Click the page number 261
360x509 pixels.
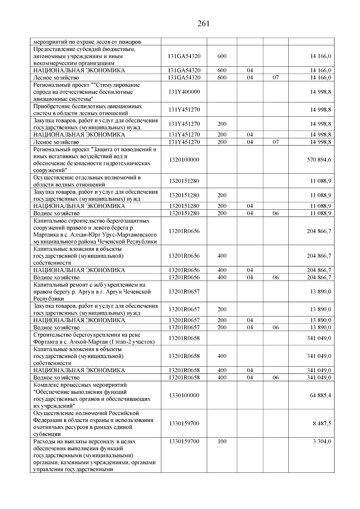point(203,24)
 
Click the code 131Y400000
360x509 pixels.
point(184,92)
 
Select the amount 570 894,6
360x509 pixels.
point(319,160)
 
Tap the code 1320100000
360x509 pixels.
point(184,160)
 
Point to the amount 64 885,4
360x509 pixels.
point(320,395)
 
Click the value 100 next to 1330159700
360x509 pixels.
point(222,442)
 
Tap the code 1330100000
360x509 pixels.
point(184,395)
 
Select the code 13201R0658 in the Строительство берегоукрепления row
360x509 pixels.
point(184,338)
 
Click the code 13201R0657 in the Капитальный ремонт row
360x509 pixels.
point(184,292)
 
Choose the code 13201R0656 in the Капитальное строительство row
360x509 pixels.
point(184,231)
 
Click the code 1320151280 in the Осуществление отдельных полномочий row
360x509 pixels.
point(184,181)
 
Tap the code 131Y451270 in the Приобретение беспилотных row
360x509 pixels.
point(184,110)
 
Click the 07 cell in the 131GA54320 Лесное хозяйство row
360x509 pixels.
point(275,78)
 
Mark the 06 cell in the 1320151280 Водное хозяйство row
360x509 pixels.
point(275,214)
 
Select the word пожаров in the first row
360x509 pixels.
point(131,42)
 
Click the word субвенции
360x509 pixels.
point(47,434)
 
